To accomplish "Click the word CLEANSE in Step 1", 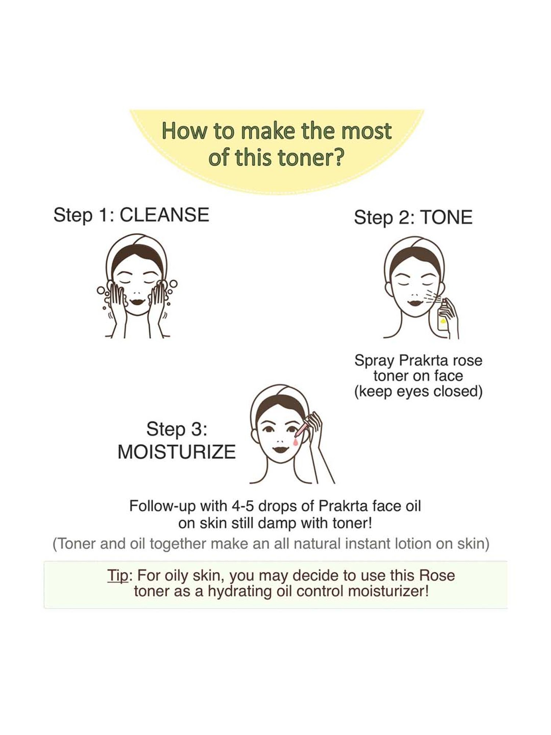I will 164,215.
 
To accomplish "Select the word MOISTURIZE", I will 176,452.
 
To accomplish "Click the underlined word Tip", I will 118,575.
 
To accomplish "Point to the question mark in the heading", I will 338,157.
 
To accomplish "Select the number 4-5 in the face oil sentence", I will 243,506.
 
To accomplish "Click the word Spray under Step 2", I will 375,361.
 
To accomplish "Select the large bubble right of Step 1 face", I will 173,284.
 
